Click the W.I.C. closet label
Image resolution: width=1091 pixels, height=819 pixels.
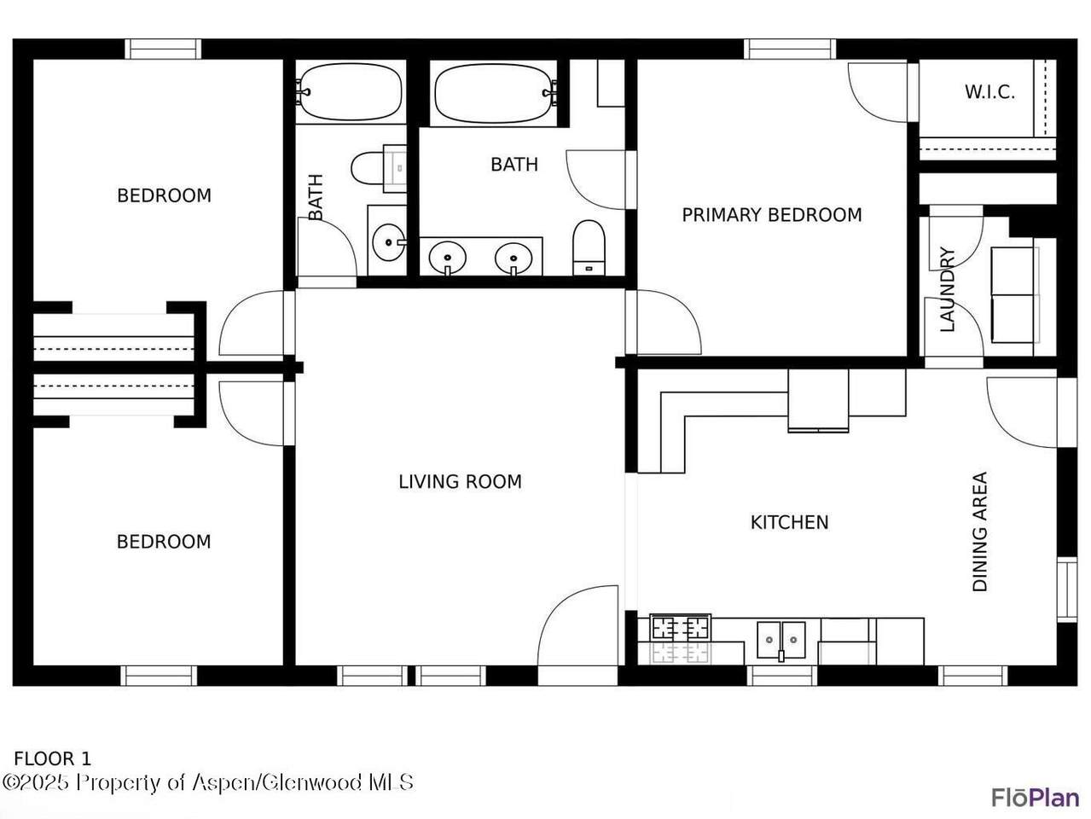989,92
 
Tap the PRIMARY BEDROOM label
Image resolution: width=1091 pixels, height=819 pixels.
771,215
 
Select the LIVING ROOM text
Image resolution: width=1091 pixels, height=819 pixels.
461,481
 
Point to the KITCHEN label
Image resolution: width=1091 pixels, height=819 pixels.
789,522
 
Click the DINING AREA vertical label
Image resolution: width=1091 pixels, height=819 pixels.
979,531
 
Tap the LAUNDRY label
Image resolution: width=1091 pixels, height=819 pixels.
948,289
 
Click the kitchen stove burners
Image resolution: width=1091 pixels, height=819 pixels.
681,628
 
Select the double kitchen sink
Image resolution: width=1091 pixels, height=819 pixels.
781,641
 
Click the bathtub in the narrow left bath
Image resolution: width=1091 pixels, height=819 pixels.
350,91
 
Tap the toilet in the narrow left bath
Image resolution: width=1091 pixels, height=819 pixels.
379,168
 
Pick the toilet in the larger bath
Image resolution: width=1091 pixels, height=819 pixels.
589,247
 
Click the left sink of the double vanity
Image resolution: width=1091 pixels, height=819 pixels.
447,258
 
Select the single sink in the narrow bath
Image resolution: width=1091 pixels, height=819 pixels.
389,242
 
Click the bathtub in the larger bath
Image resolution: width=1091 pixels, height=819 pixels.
494,93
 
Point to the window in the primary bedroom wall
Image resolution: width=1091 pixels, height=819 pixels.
790,49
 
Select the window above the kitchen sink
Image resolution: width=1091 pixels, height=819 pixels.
782,676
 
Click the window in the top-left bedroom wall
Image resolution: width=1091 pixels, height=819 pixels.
163,49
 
